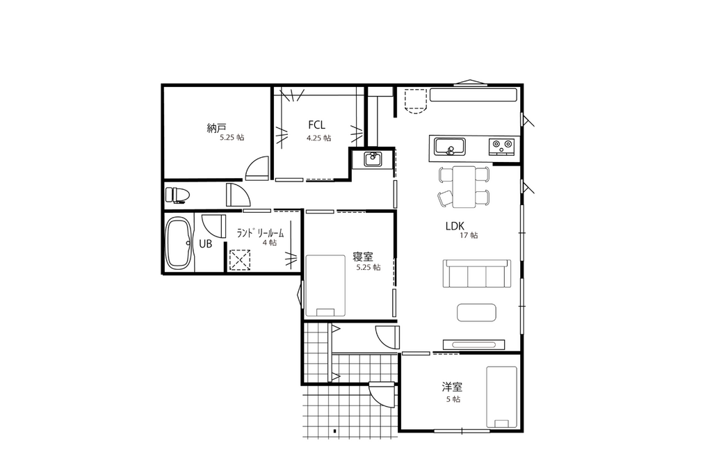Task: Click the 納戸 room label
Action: [x=216, y=128]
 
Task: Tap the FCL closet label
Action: [x=316, y=124]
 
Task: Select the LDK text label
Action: [x=455, y=226]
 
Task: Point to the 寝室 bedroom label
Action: [x=363, y=257]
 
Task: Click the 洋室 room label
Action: [x=452, y=387]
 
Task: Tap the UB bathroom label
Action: [x=206, y=244]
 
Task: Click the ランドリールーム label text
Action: [x=260, y=234]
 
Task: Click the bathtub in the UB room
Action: [x=179, y=243]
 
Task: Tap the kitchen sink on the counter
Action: [x=450, y=147]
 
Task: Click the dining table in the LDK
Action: [x=464, y=186]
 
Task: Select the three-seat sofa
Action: [x=477, y=273]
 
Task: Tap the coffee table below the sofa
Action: [x=476, y=312]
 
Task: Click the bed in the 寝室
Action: [x=325, y=285]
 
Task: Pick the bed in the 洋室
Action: [x=502, y=397]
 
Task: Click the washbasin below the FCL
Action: [x=373, y=159]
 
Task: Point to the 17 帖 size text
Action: [x=469, y=235]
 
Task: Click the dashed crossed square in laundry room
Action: [x=240, y=260]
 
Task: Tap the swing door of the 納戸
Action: [x=257, y=168]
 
